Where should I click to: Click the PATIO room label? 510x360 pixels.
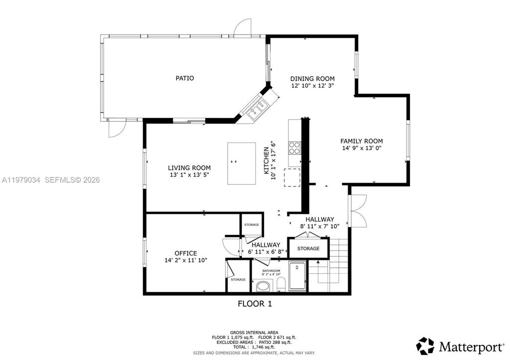pyautogui.click(x=185, y=78)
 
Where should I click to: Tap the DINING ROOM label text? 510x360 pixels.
pyautogui.click(x=312, y=79)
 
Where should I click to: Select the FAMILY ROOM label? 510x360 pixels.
pyautogui.click(x=362, y=141)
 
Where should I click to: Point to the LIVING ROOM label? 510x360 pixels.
pyautogui.click(x=189, y=168)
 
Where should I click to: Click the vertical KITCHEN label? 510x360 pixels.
pyautogui.click(x=266, y=160)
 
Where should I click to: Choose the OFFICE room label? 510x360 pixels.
pyautogui.click(x=186, y=253)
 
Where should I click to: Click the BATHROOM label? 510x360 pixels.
pyautogui.click(x=271, y=271)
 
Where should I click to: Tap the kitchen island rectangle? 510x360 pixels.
pyautogui.click(x=242, y=163)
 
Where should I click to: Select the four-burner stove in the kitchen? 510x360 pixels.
pyautogui.click(x=295, y=148)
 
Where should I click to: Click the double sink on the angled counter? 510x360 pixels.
pyautogui.click(x=257, y=109)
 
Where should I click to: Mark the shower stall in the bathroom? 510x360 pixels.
pyautogui.click(x=297, y=276)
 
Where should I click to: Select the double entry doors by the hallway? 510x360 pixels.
pyautogui.click(x=358, y=211)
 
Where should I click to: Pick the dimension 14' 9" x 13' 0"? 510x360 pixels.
pyautogui.click(x=362, y=148)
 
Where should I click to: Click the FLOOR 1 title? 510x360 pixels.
pyautogui.click(x=255, y=304)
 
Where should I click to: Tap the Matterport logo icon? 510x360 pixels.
pyautogui.click(x=425, y=346)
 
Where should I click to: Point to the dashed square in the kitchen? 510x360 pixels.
pyautogui.click(x=292, y=177)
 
